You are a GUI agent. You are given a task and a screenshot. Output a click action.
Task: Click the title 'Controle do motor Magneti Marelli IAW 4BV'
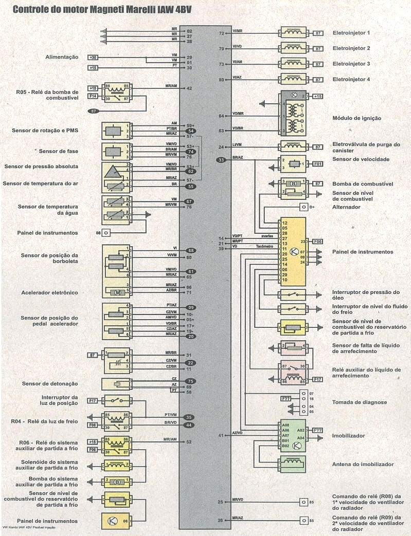pyautogui.click(x=103, y=9)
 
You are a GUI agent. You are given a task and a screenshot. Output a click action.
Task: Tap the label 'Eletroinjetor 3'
pyautogui.click(x=351, y=64)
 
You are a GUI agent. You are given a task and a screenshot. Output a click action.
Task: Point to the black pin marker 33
pyautogui.click(x=221, y=160)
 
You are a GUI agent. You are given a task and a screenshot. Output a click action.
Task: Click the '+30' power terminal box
pyautogui.click(x=94, y=57)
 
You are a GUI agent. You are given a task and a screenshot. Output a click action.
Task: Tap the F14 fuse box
pyautogui.click(x=93, y=96)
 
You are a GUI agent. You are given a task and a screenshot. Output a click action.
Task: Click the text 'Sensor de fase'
pyautogui.click(x=58, y=151)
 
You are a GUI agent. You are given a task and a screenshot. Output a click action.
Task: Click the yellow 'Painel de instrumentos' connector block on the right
pyautogui.click(x=292, y=252)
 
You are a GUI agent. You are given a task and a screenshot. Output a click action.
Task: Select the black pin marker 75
pyautogui.click(x=189, y=381)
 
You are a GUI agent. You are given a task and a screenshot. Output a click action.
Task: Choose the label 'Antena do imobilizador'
pyautogui.click(x=363, y=465)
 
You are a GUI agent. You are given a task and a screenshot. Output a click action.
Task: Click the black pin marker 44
pyautogui.click(x=189, y=425)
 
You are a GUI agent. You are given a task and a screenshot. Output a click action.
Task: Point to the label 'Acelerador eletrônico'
pyautogui.click(x=50, y=292)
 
